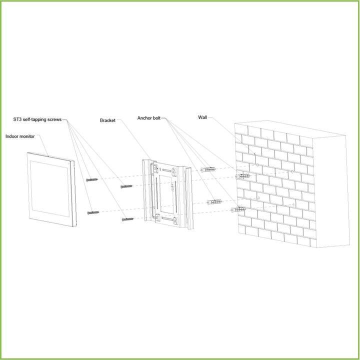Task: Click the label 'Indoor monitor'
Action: tap(20, 136)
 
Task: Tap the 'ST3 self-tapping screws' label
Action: tap(37, 119)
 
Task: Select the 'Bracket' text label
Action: tap(107, 120)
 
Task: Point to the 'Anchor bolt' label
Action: tap(149, 118)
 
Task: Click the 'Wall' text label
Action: tap(202, 117)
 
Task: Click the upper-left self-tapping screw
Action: tap(92, 180)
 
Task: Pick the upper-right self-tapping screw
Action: tap(126, 186)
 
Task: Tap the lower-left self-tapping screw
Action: tap(93, 213)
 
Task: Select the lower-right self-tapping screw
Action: tap(127, 219)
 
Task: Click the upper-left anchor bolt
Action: tap(208, 169)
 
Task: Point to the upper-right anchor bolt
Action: tap(242, 176)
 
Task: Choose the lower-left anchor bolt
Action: tap(214, 202)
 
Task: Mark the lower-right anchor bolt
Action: tap(239, 209)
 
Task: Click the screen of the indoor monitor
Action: tap(49, 188)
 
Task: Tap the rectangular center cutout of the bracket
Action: tap(166, 194)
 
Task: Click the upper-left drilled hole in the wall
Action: tap(257, 165)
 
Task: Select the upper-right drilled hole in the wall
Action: tap(292, 171)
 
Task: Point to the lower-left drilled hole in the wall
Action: tap(259, 198)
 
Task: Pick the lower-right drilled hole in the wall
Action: tap(293, 204)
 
